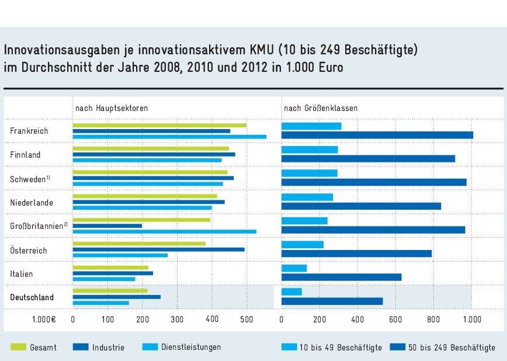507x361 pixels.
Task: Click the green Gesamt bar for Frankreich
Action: click(159, 125)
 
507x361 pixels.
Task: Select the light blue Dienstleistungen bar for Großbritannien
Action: click(164, 231)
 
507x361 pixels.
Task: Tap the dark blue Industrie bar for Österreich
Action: click(158, 249)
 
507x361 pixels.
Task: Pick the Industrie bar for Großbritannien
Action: click(107, 225)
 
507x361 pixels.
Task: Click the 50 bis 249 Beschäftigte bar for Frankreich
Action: click(377, 136)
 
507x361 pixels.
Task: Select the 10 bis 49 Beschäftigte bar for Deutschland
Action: click(291, 291)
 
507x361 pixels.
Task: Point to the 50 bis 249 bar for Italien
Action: click(341, 277)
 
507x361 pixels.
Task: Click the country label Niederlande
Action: click(32, 203)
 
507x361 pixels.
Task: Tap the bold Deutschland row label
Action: click(32, 297)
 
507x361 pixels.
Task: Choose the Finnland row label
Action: click(25, 155)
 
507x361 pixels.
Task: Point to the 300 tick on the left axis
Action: click(177, 319)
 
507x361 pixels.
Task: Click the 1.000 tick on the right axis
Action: click(471, 319)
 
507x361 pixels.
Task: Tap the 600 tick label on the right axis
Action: click(395, 319)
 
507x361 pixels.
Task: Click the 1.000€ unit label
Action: click(44, 319)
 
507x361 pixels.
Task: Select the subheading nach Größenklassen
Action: click(321, 109)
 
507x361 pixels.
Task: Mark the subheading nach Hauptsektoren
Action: click(111, 109)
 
